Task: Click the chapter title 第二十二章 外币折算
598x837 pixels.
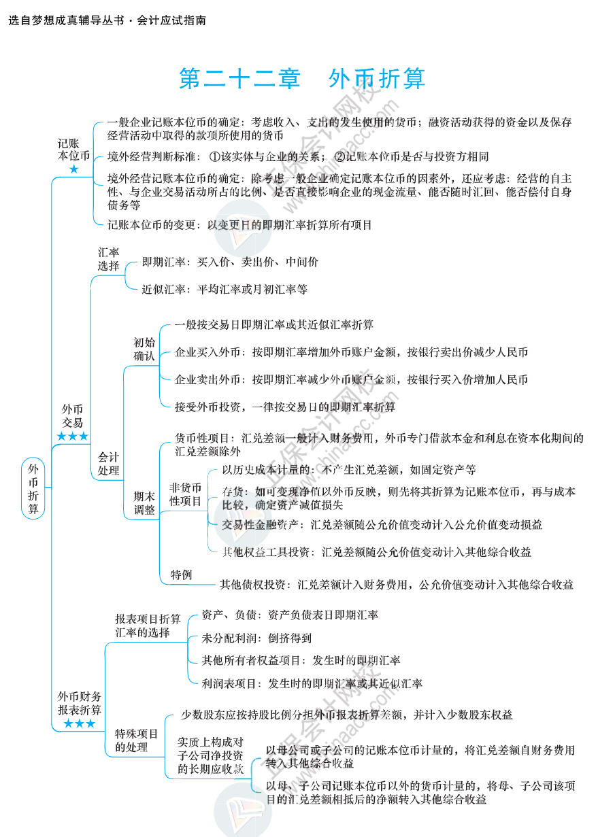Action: (x=301, y=79)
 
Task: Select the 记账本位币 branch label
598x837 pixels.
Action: (x=73, y=150)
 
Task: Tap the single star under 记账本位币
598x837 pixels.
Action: (x=73, y=169)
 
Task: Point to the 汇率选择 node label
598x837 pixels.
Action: (x=108, y=259)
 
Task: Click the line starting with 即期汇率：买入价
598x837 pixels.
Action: (x=229, y=262)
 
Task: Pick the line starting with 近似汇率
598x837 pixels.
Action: (x=225, y=289)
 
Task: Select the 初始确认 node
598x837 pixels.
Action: (x=144, y=348)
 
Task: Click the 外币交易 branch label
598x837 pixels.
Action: (x=72, y=415)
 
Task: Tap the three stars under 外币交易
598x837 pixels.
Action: (x=72, y=436)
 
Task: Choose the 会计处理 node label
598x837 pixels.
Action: (x=108, y=463)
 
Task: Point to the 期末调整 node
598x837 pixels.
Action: (x=144, y=502)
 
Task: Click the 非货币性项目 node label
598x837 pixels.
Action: (x=185, y=494)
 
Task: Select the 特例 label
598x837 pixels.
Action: (x=181, y=575)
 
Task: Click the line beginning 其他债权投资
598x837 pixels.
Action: (x=396, y=584)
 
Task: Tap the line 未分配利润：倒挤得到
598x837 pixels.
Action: (x=256, y=638)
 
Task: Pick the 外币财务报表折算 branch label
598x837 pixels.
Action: (x=80, y=703)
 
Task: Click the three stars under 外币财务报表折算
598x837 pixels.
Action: (x=80, y=723)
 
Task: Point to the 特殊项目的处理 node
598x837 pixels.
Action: (x=136, y=740)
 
